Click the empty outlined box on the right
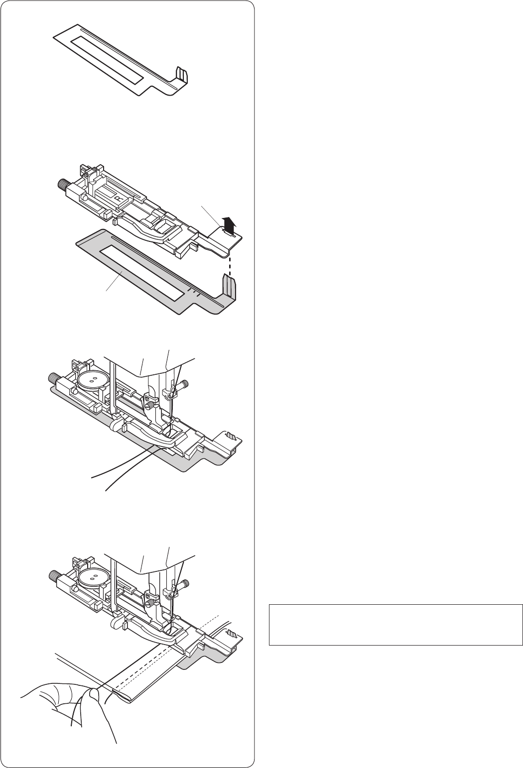click(x=395, y=625)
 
